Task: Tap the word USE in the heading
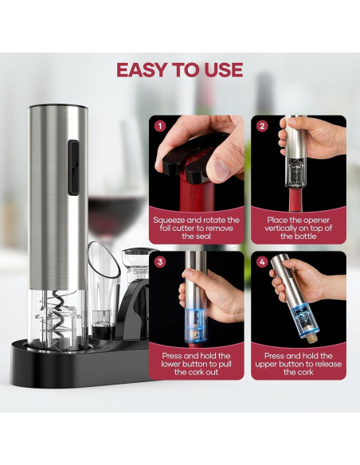click(x=224, y=70)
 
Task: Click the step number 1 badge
click(x=160, y=127)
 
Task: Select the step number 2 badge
click(x=262, y=127)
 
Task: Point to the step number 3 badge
click(x=160, y=262)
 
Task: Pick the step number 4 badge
click(x=262, y=262)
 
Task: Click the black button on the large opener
click(x=73, y=167)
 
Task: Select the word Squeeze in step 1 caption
click(x=169, y=221)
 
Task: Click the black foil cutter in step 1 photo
click(x=190, y=160)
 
